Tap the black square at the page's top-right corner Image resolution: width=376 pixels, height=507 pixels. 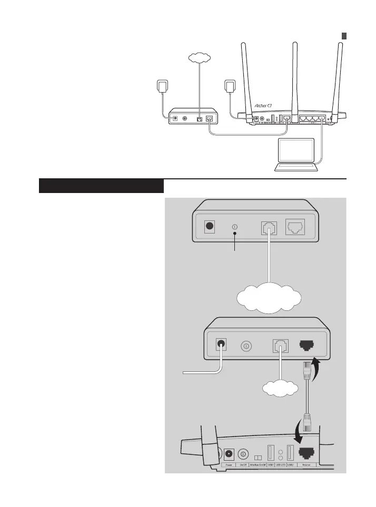tap(343, 36)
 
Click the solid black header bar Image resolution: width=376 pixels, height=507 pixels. tap(102, 186)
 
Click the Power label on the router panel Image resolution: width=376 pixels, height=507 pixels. tap(229, 465)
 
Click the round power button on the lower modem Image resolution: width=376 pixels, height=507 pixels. tap(246, 347)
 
